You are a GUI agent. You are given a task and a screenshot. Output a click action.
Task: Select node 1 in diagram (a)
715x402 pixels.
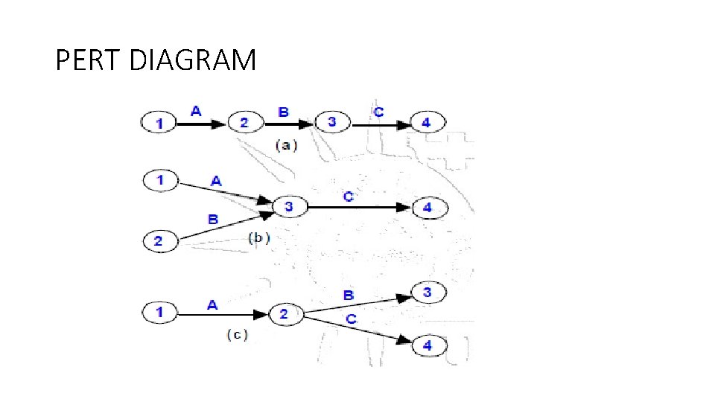(158, 123)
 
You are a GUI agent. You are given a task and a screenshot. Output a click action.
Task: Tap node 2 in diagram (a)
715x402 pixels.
(244, 122)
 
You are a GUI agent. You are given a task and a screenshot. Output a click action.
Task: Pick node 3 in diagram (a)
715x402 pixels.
(331, 122)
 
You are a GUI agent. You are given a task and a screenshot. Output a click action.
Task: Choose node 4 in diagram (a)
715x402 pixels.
(426, 122)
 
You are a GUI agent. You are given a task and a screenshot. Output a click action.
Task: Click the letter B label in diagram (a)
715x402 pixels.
(284, 112)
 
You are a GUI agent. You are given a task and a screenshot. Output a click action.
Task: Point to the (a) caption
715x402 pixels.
(286, 145)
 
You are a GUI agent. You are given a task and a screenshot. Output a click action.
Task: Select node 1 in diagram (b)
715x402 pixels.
(158, 179)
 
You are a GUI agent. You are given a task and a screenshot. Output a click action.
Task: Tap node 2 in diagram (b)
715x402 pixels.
(158, 241)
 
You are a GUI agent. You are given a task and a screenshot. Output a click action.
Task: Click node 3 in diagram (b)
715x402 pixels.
(290, 207)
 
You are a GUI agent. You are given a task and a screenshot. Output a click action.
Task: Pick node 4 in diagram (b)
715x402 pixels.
(427, 208)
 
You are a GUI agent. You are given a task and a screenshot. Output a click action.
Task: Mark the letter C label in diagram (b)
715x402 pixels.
(348, 197)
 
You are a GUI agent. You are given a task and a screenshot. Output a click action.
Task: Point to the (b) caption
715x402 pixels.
(257, 239)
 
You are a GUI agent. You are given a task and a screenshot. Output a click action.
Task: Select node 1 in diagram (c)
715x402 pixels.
(158, 313)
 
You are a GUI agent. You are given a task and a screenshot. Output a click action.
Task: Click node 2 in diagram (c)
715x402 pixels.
(284, 315)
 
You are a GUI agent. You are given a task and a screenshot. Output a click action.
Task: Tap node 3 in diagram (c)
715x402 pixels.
(427, 293)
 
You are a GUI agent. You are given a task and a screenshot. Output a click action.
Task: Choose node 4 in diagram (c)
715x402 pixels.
(427, 345)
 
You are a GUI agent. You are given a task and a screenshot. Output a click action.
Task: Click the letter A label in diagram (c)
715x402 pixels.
(212, 304)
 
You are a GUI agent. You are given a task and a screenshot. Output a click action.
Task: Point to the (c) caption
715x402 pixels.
(237, 336)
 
